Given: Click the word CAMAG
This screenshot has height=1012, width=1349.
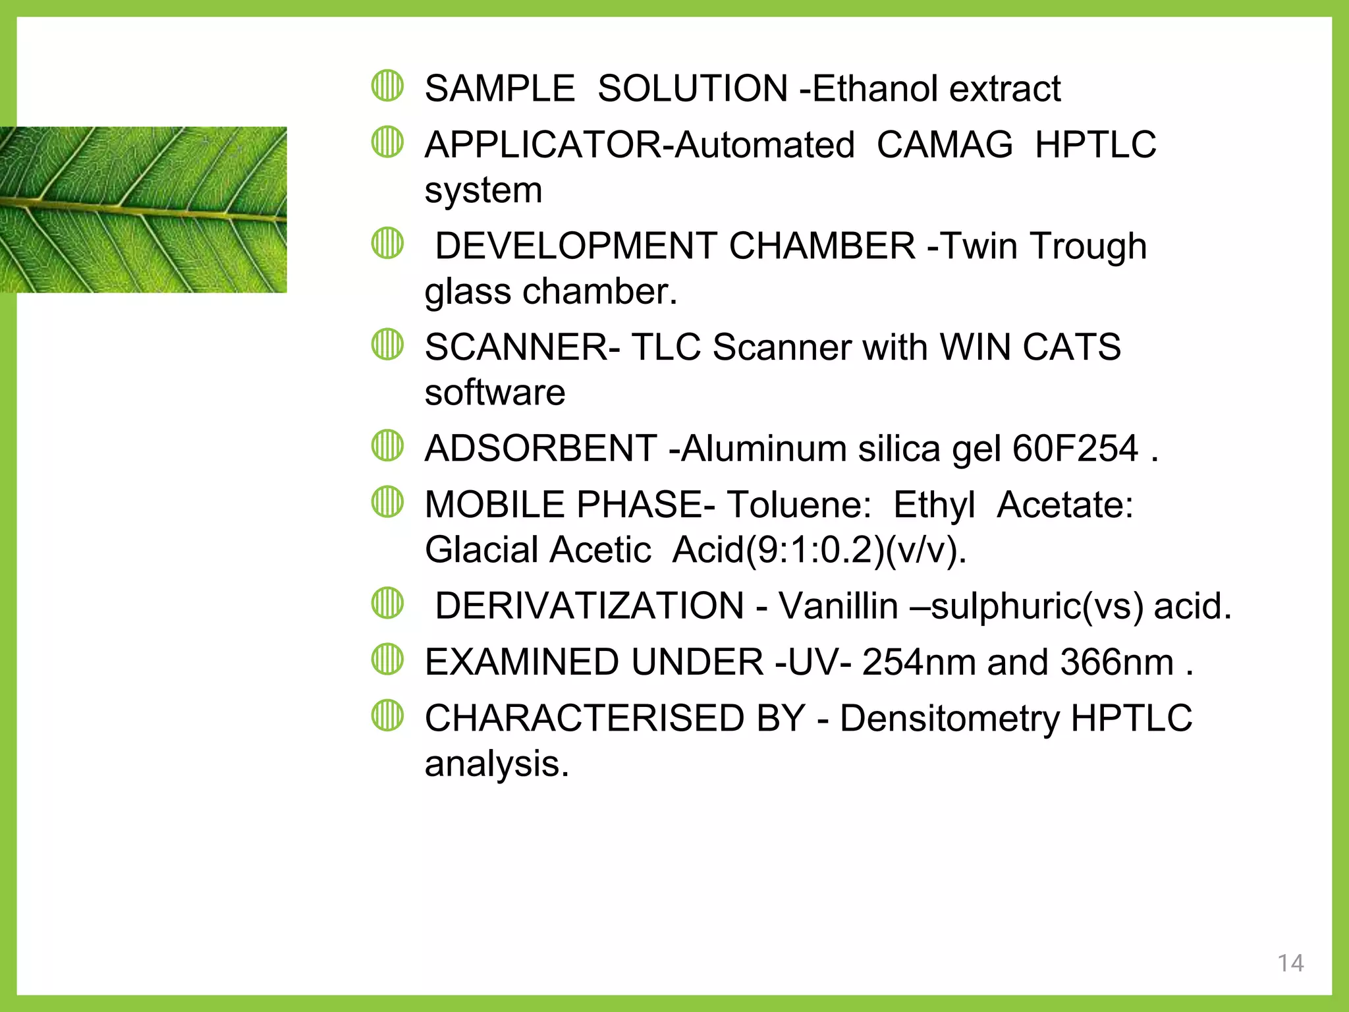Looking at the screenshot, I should click(944, 145).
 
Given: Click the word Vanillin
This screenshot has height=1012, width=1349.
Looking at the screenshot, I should click(838, 606).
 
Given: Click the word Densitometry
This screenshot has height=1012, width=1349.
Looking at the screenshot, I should click(949, 718).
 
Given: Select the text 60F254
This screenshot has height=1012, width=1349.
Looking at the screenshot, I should click(1074, 449).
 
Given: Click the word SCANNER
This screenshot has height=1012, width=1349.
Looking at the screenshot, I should click(516, 347).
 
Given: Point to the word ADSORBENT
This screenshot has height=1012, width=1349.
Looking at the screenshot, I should click(540, 449).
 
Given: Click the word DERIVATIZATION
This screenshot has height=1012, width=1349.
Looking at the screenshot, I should click(590, 606).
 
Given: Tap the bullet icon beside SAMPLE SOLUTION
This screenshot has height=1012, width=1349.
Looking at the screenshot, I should click(387, 86).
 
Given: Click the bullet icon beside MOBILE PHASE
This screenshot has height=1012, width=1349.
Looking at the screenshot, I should click(387, 502).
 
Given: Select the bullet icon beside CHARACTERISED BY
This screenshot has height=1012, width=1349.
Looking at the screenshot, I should click(387, 716).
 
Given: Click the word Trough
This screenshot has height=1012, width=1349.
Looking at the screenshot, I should click(1087, 246).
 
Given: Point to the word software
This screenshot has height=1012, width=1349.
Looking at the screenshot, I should click(495, 393).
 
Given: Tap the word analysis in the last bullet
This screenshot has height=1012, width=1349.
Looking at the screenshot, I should click(495, 764).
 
